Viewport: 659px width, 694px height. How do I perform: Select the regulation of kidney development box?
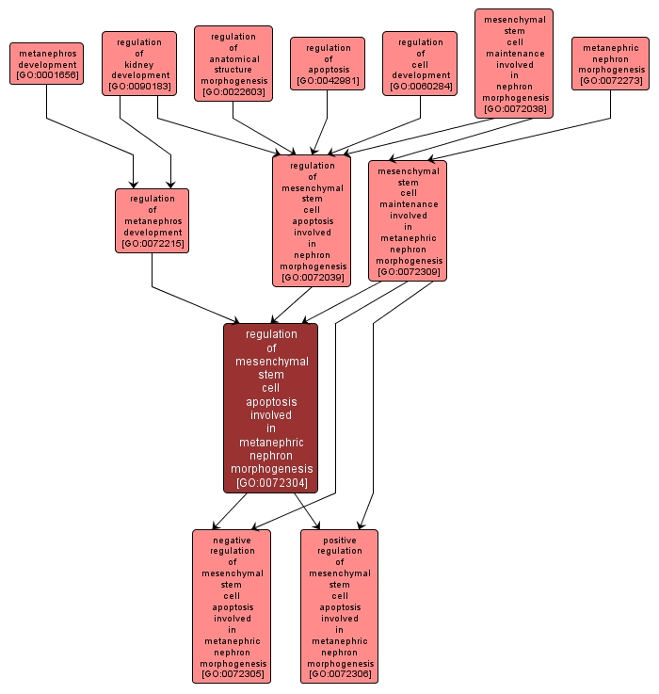click(139, 64)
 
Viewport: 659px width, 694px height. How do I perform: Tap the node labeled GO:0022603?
click(233, 64)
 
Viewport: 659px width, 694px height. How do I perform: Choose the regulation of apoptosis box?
click(328, 64)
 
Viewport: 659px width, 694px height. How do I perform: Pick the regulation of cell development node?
click(420, 64)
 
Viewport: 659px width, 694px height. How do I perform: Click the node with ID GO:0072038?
click(514, 64)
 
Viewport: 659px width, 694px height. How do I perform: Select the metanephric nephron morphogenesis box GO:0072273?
click(610, 64)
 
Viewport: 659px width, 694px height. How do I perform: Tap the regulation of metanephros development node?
click(153, 221)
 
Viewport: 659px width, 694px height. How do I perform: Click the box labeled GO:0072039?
click(312, 221)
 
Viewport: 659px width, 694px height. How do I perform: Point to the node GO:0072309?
click(409, 221)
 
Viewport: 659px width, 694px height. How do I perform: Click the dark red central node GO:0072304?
click(271, 408)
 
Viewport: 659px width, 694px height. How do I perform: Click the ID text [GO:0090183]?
click(139, 87)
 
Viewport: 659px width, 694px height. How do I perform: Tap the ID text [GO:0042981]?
click(328, 81)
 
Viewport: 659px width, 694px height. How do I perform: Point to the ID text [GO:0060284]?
click(420, 87)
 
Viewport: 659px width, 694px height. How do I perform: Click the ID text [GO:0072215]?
click(153, 244)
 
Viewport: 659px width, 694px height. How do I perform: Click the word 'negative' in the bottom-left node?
click(232, 541)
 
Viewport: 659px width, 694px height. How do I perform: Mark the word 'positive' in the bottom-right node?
click(339, 541)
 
